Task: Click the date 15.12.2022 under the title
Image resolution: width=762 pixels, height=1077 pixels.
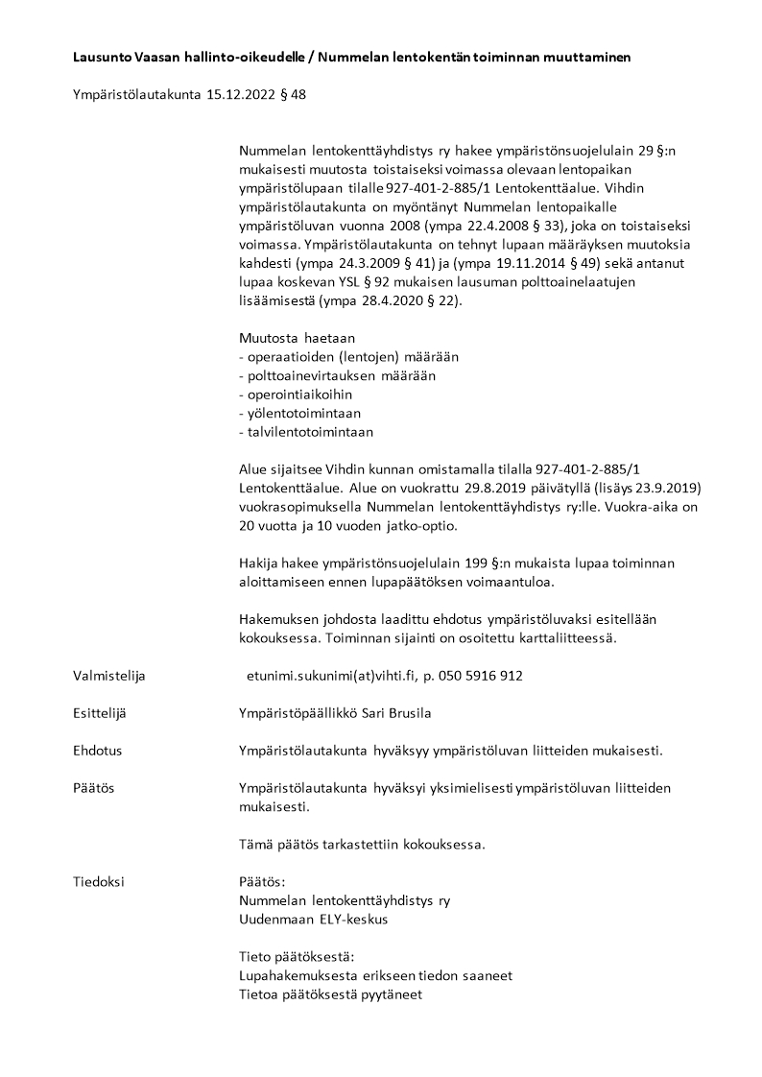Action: [x=239, y=95]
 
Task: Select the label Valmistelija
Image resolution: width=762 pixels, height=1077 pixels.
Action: [x=108, y=676]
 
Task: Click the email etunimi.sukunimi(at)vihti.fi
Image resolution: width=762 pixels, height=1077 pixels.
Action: [x=328, y=676]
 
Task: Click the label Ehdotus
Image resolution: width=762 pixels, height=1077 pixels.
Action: [x=97, y=751]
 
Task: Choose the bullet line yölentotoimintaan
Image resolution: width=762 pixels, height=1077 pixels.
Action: [x=299, y=413]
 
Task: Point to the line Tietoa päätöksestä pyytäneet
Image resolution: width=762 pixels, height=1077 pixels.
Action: [x=330, y=993]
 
